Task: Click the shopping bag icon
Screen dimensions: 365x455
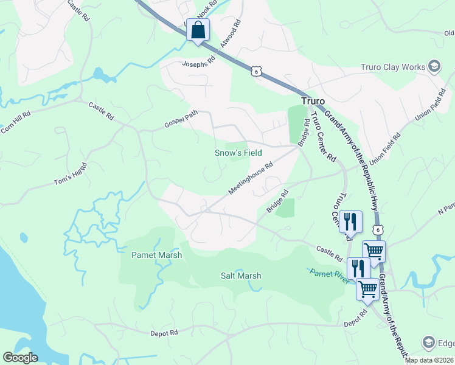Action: pos(198,30)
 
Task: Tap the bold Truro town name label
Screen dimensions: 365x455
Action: pos(314,100)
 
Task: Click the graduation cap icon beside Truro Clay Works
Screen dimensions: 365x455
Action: pos(434,66)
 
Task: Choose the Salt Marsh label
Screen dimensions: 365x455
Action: pos(241,276)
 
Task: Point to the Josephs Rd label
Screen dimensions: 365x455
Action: pos(199,62)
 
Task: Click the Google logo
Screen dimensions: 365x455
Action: pos(19,358)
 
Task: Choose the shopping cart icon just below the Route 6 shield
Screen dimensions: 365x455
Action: pos(373,251)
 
